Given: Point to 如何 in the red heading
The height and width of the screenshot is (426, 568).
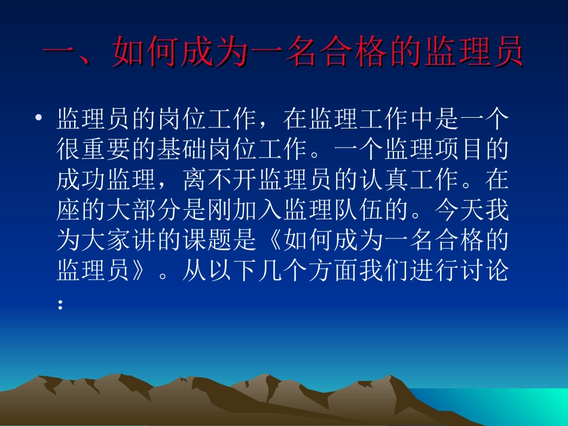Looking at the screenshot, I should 146,53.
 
